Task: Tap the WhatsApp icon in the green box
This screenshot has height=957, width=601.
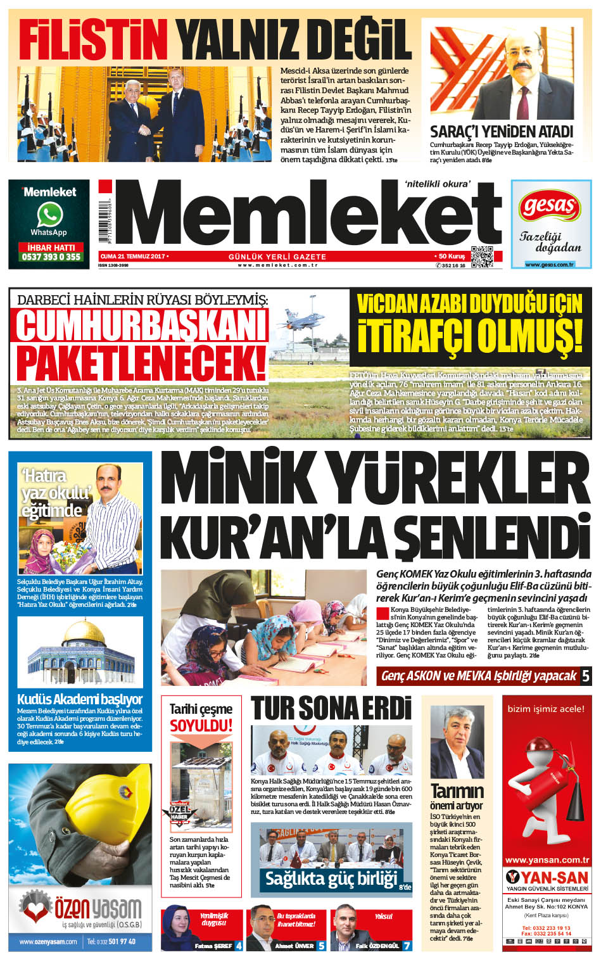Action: point(49,215)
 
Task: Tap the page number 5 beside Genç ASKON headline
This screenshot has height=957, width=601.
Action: point(585,676)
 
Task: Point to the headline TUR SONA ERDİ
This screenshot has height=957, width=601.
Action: point(331,708)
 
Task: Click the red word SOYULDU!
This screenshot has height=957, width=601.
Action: point(201,725)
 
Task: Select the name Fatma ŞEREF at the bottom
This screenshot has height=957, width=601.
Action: point(213,946)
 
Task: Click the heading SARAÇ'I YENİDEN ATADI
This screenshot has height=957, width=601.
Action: point(501,132)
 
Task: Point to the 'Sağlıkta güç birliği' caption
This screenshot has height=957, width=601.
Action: point(331,878)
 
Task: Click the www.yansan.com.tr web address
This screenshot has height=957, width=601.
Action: point(547,860)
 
